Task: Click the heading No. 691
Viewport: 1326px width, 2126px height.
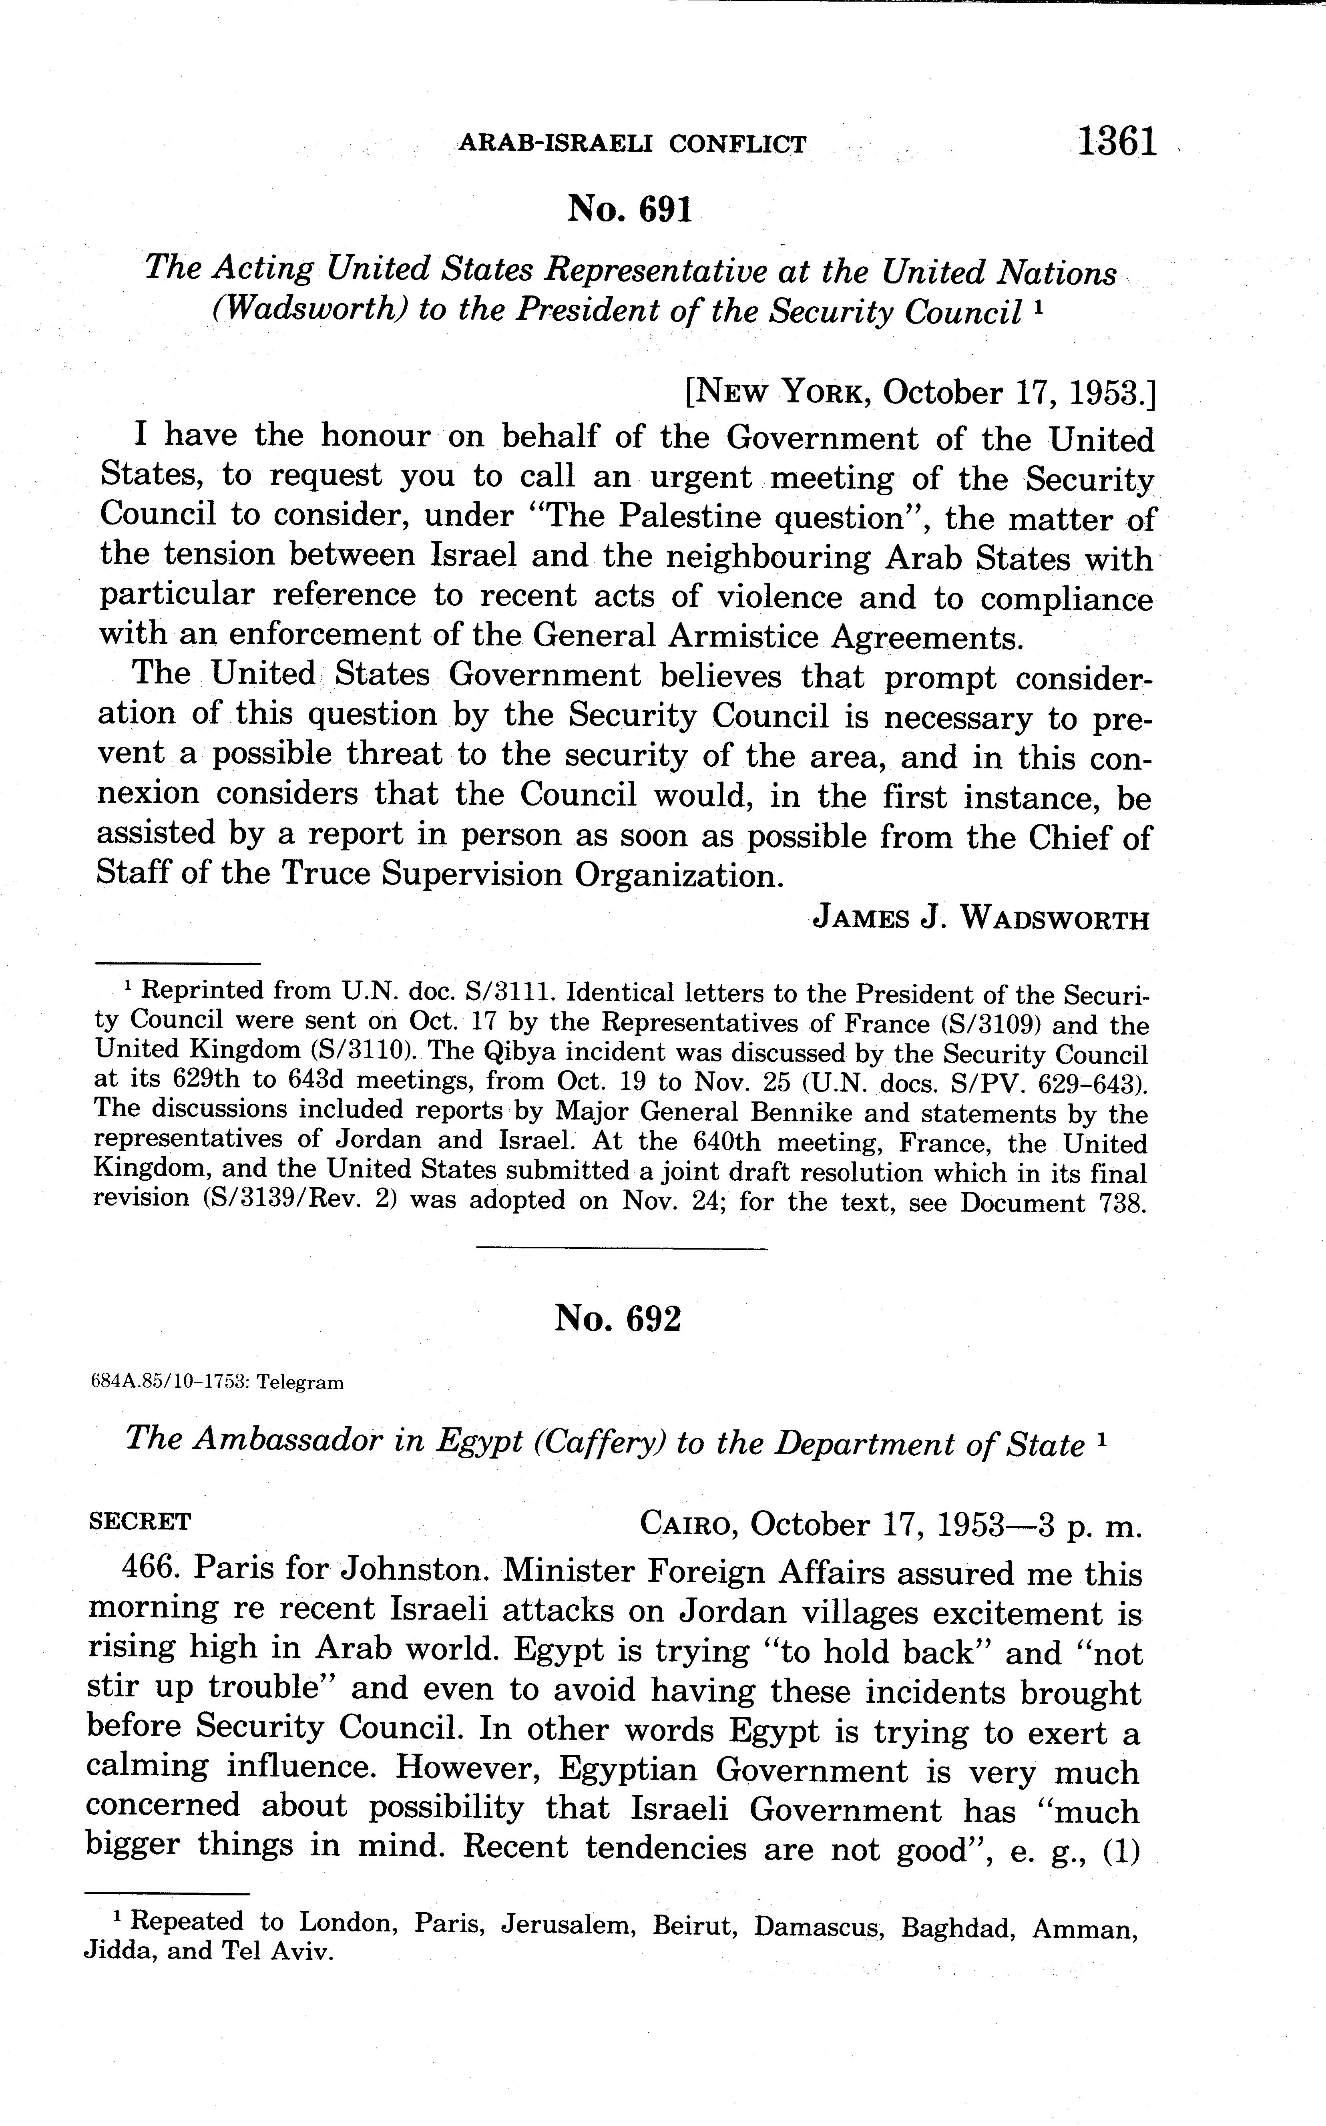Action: (x=630, y=210)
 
